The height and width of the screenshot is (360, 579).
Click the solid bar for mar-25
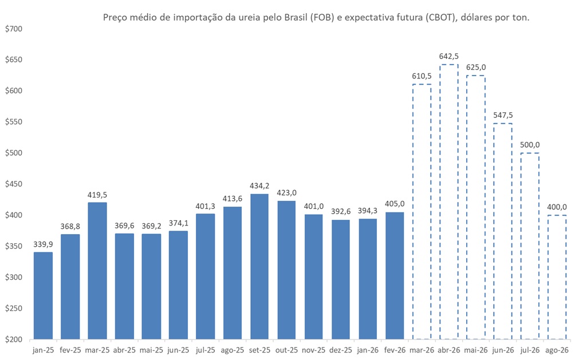tap(97, 271)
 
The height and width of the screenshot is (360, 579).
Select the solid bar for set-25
tap(259, 267)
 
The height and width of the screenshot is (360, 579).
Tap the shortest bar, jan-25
tap(43, 295)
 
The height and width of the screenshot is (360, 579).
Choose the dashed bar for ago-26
tap(557, 277)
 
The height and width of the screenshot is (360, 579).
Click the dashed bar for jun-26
tap(503, 231)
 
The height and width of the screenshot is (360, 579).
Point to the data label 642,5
tap(449, 56)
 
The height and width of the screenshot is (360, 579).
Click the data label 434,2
tap(259, 185)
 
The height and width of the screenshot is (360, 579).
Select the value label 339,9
tap(43, 244)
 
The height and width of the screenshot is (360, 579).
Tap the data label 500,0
tap(530, 145)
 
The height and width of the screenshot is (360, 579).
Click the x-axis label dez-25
tap(341, 350)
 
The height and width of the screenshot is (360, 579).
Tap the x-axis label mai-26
tap(476, 350)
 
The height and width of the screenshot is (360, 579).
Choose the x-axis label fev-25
tap(70, 350)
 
